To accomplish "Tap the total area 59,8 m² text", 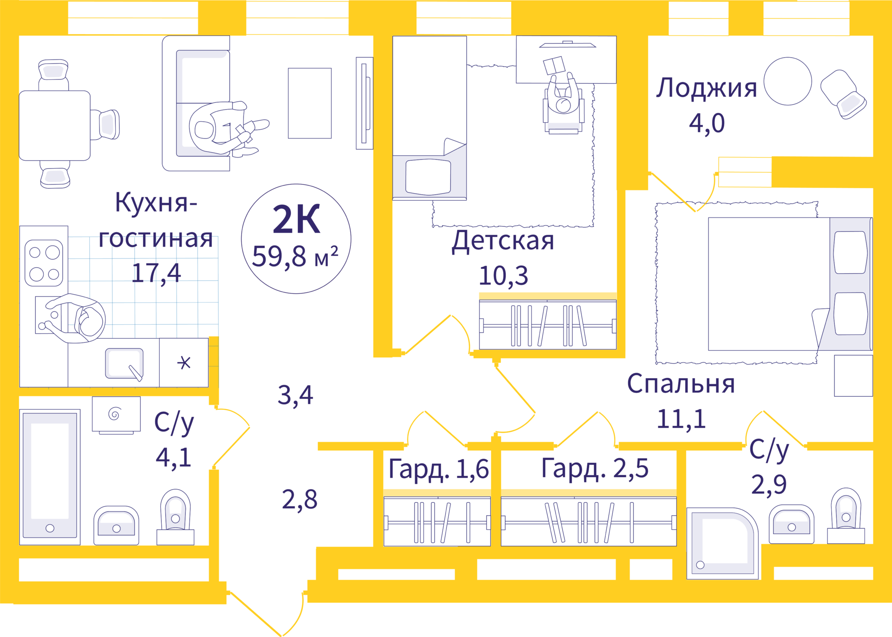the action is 295,256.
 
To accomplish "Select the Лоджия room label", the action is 706,88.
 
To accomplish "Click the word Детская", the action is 503,241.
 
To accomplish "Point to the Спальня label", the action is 681,384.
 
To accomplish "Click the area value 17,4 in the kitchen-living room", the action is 156,273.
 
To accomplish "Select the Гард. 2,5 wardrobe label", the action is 595,468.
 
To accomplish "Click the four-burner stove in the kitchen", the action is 44,263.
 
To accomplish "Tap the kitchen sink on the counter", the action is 124,363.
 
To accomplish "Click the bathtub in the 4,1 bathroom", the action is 50,477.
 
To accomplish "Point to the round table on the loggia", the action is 787,81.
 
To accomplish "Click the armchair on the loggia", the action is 843,94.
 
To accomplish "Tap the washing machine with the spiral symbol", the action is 116,414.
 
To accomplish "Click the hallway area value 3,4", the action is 295,395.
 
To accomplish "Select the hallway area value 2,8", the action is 300,500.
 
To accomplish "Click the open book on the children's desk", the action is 554,66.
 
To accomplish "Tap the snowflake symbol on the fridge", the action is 184,363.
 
